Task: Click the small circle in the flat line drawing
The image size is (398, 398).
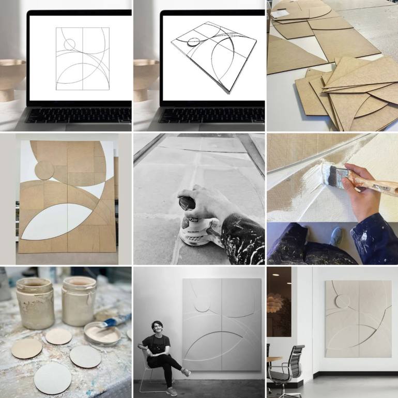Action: point(70,44)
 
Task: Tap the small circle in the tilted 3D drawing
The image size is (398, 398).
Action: point(194,42)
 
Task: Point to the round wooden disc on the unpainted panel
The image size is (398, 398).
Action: point(44,170)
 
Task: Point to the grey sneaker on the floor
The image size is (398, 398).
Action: point(336,237)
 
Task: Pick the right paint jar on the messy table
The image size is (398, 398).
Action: point(79,300)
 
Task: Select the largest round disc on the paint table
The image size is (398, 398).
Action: point(52,378)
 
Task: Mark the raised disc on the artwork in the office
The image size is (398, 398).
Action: point(343,301)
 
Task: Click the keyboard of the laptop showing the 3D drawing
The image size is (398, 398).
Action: point(212,115)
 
